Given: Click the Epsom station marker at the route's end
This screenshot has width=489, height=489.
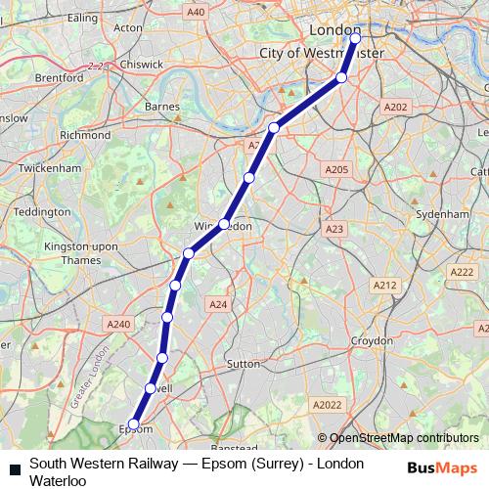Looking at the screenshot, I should tap(134, 425).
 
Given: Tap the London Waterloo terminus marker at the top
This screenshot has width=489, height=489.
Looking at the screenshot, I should tap(355, 39).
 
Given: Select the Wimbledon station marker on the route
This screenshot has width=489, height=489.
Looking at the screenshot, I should tap(224, 224).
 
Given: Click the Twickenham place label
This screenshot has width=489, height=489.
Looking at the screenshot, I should tap(47, 168).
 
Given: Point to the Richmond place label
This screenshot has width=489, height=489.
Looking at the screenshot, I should tap(85, 135).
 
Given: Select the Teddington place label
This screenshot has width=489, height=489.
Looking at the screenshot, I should tap(43, 211).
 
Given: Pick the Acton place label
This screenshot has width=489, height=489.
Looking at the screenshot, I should tap(128, 27).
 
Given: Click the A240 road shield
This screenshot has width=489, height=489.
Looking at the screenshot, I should tap(117, 324).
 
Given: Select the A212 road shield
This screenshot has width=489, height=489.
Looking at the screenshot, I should tap(383, 285).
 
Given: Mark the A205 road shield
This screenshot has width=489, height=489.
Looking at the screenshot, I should tap(335, 169).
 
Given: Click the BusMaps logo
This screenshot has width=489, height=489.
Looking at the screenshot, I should tap(441, 467).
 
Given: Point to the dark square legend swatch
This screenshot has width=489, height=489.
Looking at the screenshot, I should tap(14, 471).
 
